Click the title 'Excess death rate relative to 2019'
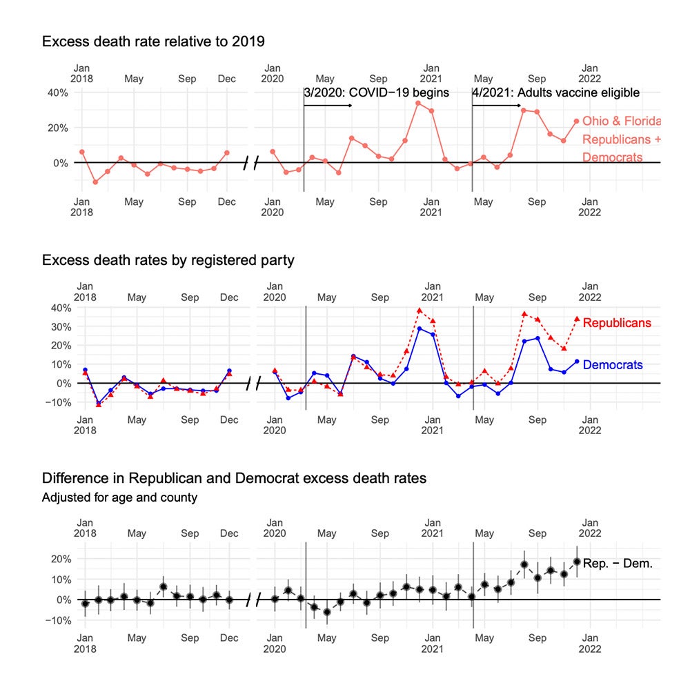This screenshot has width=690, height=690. (153, 41)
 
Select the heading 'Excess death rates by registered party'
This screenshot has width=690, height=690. (168, 260)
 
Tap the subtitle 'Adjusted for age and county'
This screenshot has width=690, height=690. (119, 497)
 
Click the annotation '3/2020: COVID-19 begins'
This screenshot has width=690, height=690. (377, 92)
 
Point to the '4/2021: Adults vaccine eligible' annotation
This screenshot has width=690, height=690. (556, 92)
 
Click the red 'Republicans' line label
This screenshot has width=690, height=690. (617, 322)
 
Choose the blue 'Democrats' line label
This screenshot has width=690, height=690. (613, 365)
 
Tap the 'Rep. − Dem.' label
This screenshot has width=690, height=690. (618, 564)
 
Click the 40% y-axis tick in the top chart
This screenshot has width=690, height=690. (57, 92)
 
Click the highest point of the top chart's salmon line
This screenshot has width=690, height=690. (418, 103)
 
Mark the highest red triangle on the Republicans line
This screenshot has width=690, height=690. (420, 310)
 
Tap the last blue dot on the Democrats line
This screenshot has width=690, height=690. (577, 361)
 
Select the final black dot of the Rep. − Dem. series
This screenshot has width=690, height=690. (577, 562)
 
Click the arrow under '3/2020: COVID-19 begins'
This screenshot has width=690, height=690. (328, 106)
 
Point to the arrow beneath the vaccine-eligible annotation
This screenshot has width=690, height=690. (497, 106)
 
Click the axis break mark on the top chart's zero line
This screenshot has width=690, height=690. (251, 163)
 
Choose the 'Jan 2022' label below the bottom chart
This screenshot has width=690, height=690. (591, 643)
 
